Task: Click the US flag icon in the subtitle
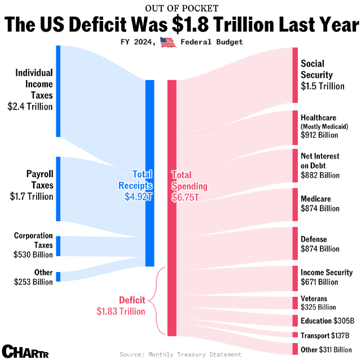click(x=168, y=42)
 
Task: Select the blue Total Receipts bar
click(x=149, y=173)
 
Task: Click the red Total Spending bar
click(x=172, y=208)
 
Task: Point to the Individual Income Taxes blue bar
click(x=58, y=91)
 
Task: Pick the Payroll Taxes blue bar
click(x=58, y=188)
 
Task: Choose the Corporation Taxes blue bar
click(x=58, y=246)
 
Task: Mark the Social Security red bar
click(x=295, y=75)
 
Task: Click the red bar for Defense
click(x=295, y=244)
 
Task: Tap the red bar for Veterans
click(x=295, y=302)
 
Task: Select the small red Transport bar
click(x=295, y=335)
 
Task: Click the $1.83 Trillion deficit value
click(x=121, y=311)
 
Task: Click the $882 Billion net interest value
click(x=320, y=175)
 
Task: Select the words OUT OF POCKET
click(x=180, y=8)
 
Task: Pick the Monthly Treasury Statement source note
click(x=180, y=354)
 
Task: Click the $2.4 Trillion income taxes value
click(x=30, y=106)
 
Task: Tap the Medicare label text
click(x=316, y=199)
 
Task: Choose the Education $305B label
click(x=327, y=321)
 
